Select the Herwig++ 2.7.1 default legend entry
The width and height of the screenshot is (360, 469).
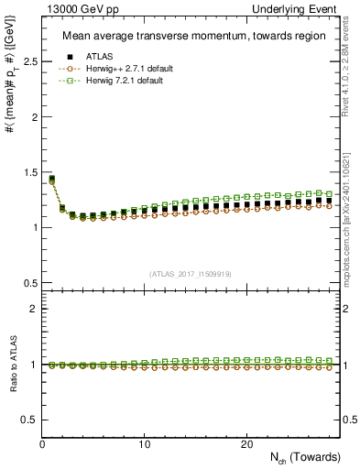pos(125,69)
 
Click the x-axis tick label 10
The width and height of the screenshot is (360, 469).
pos(144,443)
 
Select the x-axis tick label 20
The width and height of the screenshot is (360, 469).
pos(245,443)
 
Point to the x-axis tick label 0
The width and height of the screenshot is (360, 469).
pos(42,443)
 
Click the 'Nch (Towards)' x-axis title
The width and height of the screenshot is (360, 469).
pos(306,457)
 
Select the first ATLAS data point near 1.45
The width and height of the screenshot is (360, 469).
pos(52,180)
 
